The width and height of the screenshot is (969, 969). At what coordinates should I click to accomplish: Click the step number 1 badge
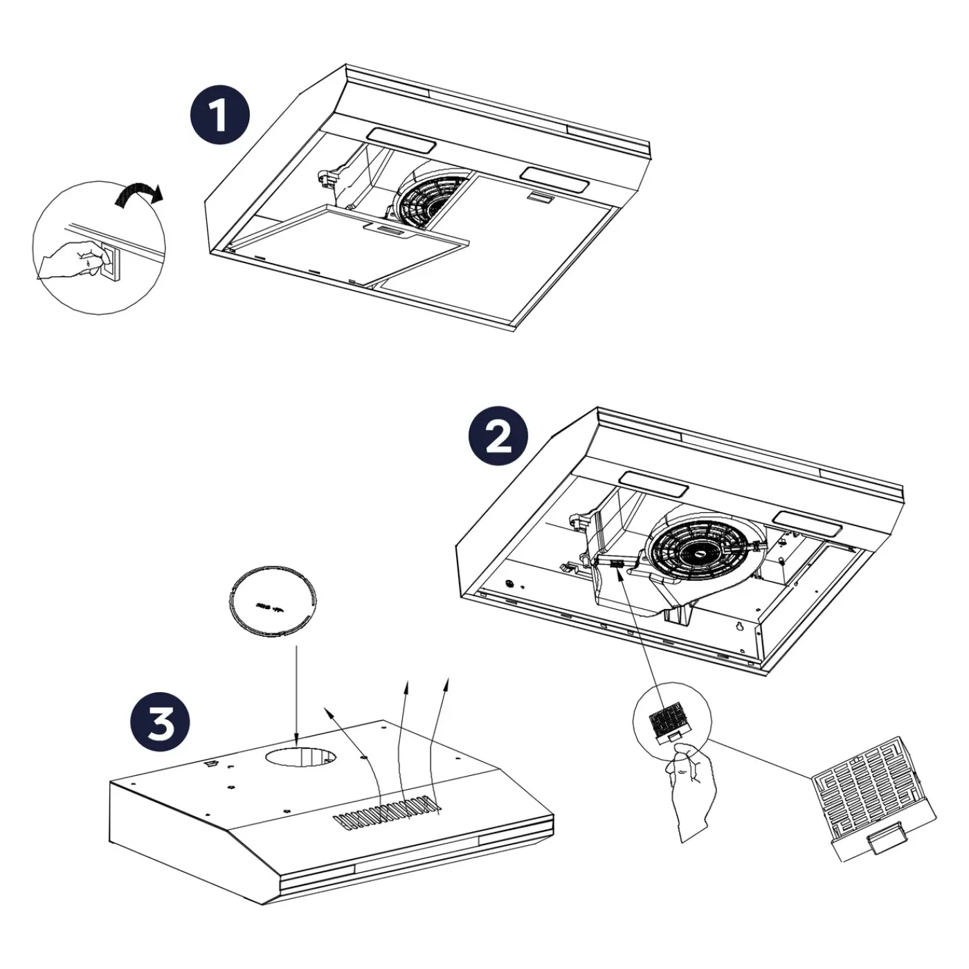(x=219, y=116)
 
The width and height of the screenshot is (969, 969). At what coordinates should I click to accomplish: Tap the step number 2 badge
(x=498, y=436)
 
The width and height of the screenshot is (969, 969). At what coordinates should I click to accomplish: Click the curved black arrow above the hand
(x=139, y=195)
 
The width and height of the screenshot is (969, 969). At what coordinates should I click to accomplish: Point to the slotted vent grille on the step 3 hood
(x=386, y=812)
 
